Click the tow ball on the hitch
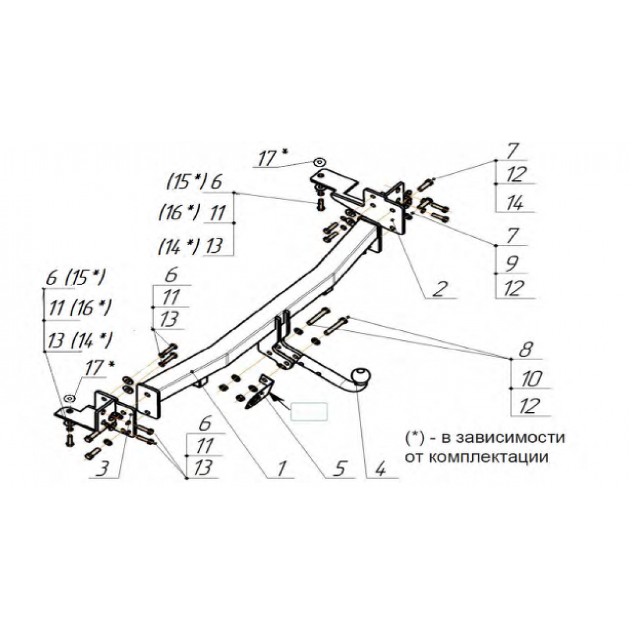(361, 376)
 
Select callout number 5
(340, 468)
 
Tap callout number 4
(379, 468)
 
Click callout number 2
(440, 288)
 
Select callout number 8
(525, 349)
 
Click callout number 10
(531, 378)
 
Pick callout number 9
(512, 264)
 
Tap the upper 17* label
(273, 157)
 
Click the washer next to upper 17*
(320, 162)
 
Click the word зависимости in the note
(503, 437)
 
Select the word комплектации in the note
(488, 457)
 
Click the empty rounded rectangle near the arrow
(309, 412)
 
